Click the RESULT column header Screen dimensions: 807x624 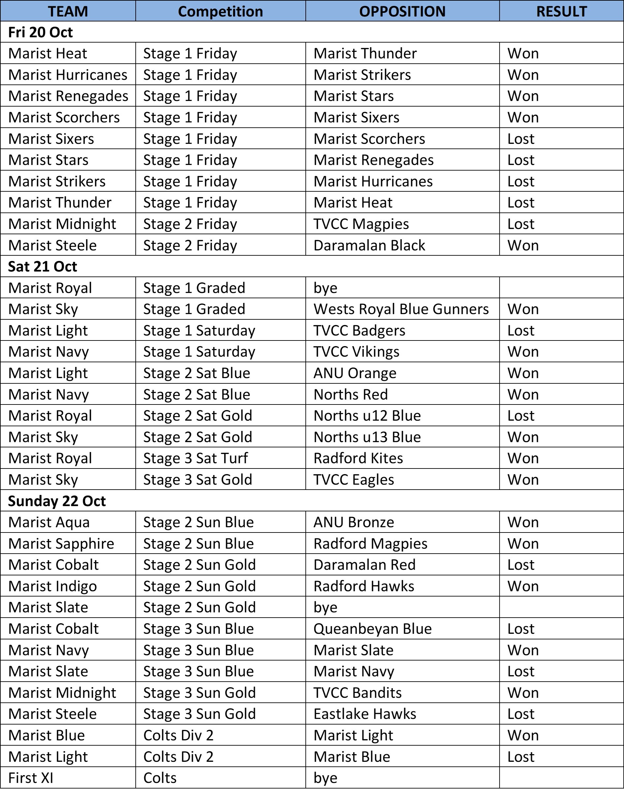point(561,12)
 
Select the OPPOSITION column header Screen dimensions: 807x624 point(402,12)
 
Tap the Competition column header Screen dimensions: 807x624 point(220,12)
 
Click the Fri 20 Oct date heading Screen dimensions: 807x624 point(41,32)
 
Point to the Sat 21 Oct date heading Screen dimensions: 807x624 point(43,266)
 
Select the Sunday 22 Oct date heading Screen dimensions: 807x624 point(57,501)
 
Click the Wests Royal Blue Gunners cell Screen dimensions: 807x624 point(401,309)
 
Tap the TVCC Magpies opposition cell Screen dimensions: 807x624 point(361,224)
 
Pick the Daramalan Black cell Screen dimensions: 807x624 point(369,245)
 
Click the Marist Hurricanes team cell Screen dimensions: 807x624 point(68,75)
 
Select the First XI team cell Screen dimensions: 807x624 point(31,778)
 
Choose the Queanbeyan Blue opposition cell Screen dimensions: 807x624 point(373,629)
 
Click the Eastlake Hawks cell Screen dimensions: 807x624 point(365,714)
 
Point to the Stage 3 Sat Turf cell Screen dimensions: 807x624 point(195,458)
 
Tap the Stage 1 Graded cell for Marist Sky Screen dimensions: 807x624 point(194,309)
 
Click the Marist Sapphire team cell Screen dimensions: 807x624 point(61,543)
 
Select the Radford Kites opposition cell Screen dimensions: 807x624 point(358,458)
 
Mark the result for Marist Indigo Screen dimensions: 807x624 point(523,586)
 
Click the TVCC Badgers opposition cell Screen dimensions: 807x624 point(359,330)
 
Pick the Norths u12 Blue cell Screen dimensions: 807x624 point(367,416)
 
